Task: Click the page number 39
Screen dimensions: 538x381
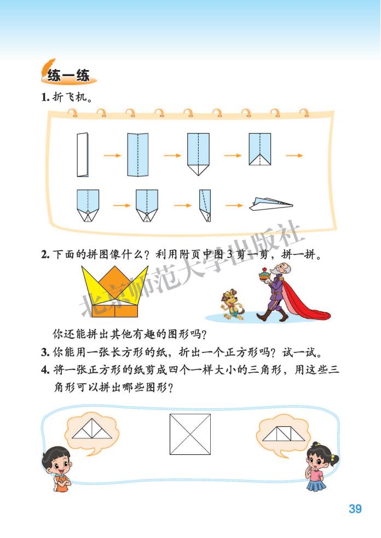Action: (x=355, y=509)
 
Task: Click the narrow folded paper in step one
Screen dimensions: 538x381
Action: (x=83, y=155)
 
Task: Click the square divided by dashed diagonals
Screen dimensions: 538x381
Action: (x=190, y=433)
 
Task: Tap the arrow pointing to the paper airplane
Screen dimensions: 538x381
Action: (x=234, y=206)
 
